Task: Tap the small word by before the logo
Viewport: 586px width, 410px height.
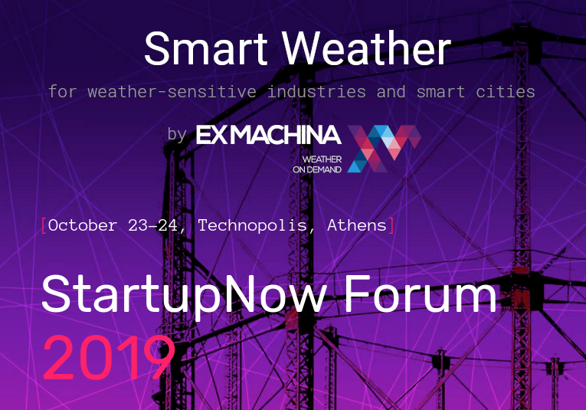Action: pyautogui.click(x=177, y=135)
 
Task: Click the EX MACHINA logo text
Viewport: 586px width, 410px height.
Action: pyautogui.click(x=268, y=135)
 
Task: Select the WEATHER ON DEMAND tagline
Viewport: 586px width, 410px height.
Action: pyautogui.click(x=316, y=164)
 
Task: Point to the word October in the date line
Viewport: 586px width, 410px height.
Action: pyautogui.click(x=82, y=225)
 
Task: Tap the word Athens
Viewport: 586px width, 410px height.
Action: pyautogui.click(x=356, y=225)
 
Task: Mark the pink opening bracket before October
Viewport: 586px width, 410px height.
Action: pyautogui.click(x=44, y=225)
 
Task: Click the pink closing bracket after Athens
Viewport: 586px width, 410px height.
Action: pyautogui.click(x=391, y=225)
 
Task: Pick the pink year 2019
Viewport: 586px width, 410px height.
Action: pyautogui.click(x=108, y=357)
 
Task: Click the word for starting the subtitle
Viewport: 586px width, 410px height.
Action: pyautogui.click(x=63, y=92)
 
